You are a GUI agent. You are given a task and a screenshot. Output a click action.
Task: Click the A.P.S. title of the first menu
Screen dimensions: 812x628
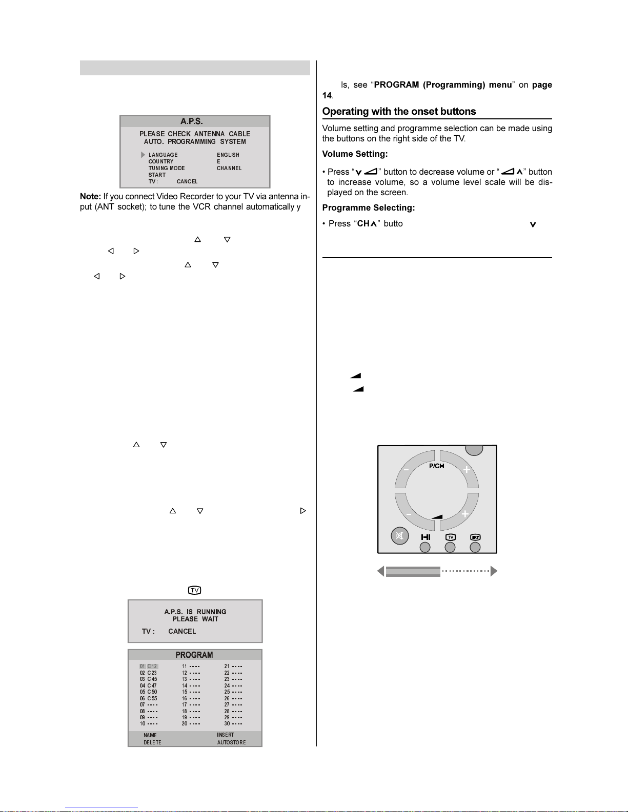tap(191, 121)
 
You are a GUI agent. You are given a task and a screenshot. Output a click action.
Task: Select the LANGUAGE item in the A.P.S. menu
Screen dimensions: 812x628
tap(163, 155)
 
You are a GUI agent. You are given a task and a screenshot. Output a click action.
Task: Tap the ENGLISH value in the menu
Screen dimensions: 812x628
tap(228, 155)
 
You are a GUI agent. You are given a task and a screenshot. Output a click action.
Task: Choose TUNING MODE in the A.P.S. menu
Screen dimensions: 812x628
tap(167, 168)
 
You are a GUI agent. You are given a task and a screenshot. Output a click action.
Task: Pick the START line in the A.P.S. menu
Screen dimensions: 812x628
tap(157, 175)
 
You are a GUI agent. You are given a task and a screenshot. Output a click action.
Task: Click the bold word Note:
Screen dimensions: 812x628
tap(90, 197)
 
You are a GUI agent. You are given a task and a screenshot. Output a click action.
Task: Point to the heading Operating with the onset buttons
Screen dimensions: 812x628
tap(399, 112)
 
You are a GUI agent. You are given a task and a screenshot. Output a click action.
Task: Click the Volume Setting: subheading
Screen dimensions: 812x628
tap(355, 154)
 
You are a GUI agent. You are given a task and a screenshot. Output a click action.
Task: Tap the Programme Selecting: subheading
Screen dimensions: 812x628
tap(368, 207)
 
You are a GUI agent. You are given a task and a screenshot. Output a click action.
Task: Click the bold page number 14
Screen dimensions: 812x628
tap(327, 96)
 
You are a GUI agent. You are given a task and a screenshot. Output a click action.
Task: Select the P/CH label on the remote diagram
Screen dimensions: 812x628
tap(436, 466)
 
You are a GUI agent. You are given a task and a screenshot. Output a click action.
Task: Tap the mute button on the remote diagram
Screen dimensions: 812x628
tap(399, 536)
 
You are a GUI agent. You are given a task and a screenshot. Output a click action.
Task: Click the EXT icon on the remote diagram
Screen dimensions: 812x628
tap(475, 537)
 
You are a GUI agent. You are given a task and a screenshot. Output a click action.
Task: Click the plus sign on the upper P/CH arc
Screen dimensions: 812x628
tap(466, 470)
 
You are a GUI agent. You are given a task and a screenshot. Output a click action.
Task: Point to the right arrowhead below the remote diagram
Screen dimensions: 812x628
tap(494, 571)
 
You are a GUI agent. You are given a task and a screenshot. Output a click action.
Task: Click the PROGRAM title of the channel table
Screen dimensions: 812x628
tap(194, 655)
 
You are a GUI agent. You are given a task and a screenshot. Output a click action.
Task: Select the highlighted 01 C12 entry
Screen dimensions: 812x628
tap(149, 667)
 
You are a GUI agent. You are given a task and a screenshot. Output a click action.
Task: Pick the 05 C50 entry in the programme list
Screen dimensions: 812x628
tap(149, 692)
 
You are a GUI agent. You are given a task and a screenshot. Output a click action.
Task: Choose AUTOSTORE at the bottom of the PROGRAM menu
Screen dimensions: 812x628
tap(231, 742)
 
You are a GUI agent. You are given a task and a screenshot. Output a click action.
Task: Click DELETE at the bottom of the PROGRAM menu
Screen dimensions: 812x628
tap(152, 742)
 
